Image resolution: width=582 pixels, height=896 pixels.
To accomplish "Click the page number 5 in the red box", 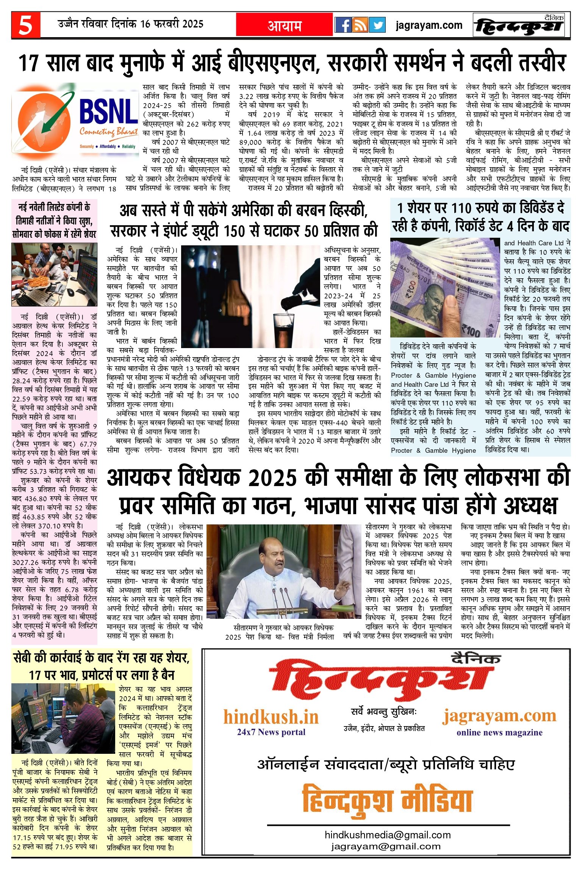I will click(x=26, y=25).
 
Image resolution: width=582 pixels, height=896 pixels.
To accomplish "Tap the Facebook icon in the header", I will click(x=343, y=25).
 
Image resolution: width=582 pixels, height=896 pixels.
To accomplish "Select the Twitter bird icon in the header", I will click(x=377, y=25).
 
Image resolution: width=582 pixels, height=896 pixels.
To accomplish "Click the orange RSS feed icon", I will click(x=360, y=25).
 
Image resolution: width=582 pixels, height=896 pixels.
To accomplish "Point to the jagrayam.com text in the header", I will click(x=429, y=25).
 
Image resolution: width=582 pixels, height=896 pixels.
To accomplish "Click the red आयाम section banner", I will click(x=284, y=25).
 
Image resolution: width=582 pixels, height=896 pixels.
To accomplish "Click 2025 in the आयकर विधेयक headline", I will click(x=272, y=477).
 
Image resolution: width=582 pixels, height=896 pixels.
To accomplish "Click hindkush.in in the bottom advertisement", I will click(x=271, y=717).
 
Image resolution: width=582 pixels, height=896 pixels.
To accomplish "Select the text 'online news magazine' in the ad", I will click(x=499, y=732).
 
